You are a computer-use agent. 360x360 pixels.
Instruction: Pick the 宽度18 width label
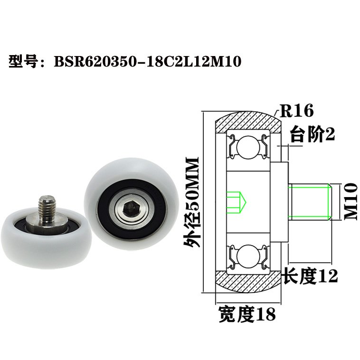point(246,314)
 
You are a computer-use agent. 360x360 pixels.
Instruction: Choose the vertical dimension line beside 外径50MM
point(203,201)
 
